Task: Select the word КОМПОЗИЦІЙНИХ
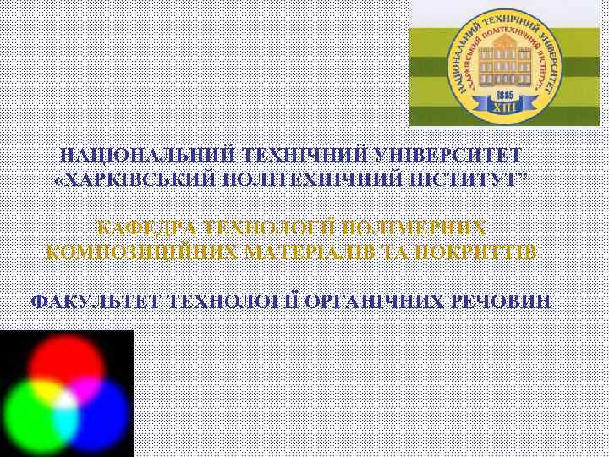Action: click(140, 252)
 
